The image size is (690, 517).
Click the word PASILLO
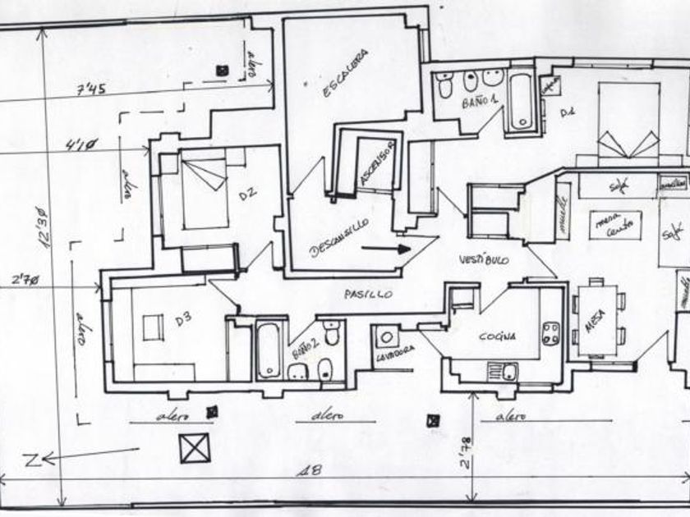(368, 293)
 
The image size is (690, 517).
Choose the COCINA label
(498, 336)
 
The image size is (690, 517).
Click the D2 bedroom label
(247, 194)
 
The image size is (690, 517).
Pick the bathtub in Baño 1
(520, 102)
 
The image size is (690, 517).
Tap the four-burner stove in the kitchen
(551, 333)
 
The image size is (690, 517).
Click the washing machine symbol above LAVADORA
(385, 337)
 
